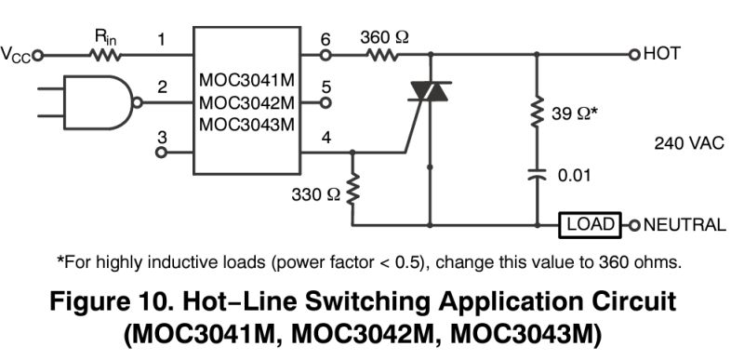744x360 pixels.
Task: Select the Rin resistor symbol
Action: (x=104, y=54)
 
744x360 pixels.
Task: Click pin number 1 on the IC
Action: (x=161, y=40)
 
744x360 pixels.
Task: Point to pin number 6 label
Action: (x=325, y=39)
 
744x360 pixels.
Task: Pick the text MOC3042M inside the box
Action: (x=246, y=101)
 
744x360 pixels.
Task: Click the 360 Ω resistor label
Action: (x=384, y=37)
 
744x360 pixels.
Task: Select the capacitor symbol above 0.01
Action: (x=537, y=172)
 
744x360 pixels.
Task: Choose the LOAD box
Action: (x=591, y=224)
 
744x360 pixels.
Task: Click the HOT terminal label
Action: (x=662, y=54)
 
